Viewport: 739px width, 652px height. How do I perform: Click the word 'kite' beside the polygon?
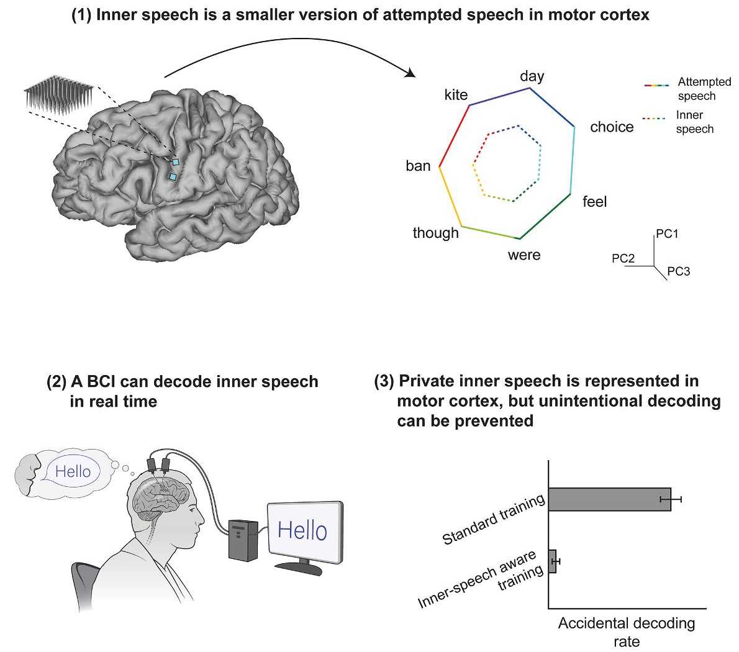click(x=456, y=94)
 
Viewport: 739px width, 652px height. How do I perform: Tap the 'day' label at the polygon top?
click(x=532, y=76)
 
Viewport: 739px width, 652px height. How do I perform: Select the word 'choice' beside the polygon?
click(x=612, y=127)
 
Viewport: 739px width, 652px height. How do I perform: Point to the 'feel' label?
click(x=594, y=202)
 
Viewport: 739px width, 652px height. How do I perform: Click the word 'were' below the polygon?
click(x=524, y=255)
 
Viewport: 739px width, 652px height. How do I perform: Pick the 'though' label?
click(x=435, y=233)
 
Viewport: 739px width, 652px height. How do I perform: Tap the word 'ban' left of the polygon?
click(x=418, y=166)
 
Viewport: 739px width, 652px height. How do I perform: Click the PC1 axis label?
click(x=667, y=233)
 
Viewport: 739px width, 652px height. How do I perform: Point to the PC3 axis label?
click(x=679, y=271)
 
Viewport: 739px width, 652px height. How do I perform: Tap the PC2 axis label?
click(x=623, y=258)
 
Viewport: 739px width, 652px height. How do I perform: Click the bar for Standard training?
click(x=609, y=499)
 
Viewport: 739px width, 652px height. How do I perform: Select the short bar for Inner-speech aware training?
click(x=552, y=561)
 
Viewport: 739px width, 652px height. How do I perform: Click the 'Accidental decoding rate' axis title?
click(x=627, y=632)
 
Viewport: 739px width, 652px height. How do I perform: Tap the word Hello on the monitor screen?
click(x=302, y=530)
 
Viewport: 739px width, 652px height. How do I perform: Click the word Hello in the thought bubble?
click(x=73, y=471)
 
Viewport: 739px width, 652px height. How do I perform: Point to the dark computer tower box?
click(x=243, y=540)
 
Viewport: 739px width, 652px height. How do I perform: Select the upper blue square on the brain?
click(x=176, y=162)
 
